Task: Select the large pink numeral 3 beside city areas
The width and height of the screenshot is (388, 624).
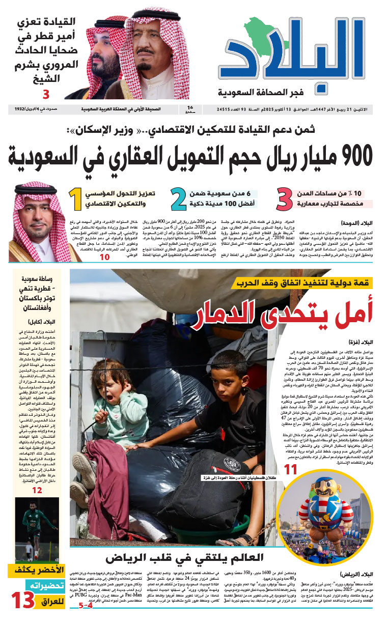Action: coord(288,199)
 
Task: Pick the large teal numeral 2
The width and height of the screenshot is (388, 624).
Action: coord(179,199)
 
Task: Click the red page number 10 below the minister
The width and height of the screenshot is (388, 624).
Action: coord(104,257)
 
